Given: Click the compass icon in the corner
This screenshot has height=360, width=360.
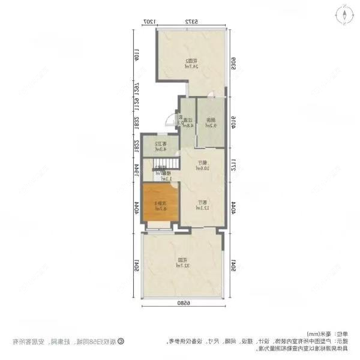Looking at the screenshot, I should [x=346, y=13].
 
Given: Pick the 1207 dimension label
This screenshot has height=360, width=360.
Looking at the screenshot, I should [x=149, y=22].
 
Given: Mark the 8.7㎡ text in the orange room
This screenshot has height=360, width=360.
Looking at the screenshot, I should [x=159, y=208].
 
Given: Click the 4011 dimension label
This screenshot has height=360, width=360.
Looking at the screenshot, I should [x=137, y=55].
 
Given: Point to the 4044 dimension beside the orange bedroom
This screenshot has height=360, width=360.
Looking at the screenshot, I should [x=137, y=207].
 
